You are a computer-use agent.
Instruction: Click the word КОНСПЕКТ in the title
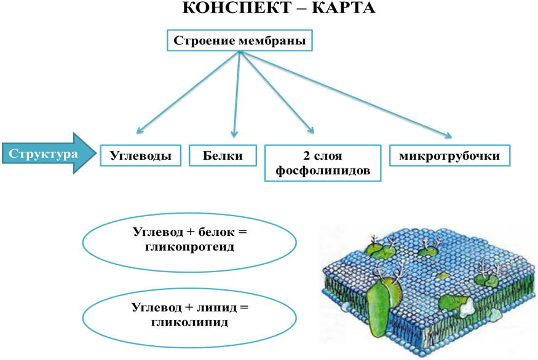(x=237, y=7)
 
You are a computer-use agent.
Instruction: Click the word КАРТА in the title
(x=343, y=7)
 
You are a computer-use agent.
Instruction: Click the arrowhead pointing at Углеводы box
(x=140, y=130)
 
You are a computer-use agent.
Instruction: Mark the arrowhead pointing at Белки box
(x=234, y=134)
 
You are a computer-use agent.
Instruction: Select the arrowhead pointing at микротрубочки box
(x=448, y=135)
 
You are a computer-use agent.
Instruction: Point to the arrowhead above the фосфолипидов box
(x=311, y=130)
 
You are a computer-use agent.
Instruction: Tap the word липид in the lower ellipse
(x=216, y=307)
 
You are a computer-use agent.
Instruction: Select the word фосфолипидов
(x=323, y=170)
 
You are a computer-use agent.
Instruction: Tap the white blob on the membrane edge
(x=467, y=308)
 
